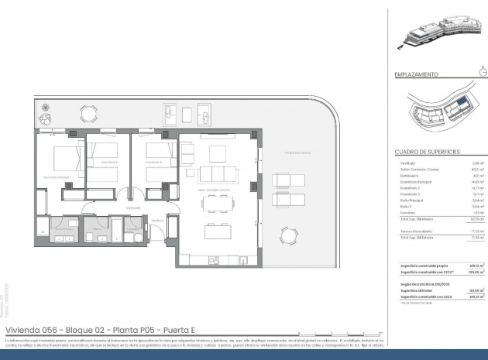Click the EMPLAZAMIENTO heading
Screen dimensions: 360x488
(x=417, y=75)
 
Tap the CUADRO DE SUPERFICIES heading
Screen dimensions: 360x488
(x=428, y=151)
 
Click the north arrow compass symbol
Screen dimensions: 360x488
(x=483, y=74)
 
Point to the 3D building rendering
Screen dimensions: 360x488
(x=434, y=36)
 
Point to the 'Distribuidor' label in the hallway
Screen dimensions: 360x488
(x=133, y=207)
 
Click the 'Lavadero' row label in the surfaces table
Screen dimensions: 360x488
(x=407, y=212)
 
